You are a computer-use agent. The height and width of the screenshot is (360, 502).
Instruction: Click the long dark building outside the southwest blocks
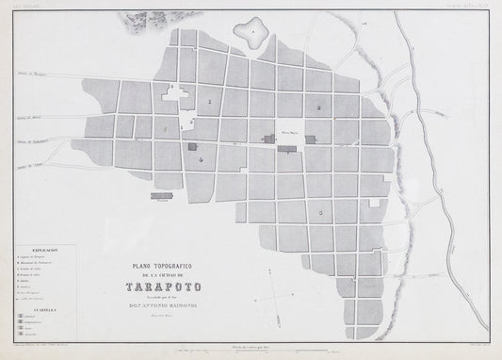coord(159,195)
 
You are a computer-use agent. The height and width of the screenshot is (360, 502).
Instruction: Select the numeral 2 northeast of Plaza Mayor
coord(319,108)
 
